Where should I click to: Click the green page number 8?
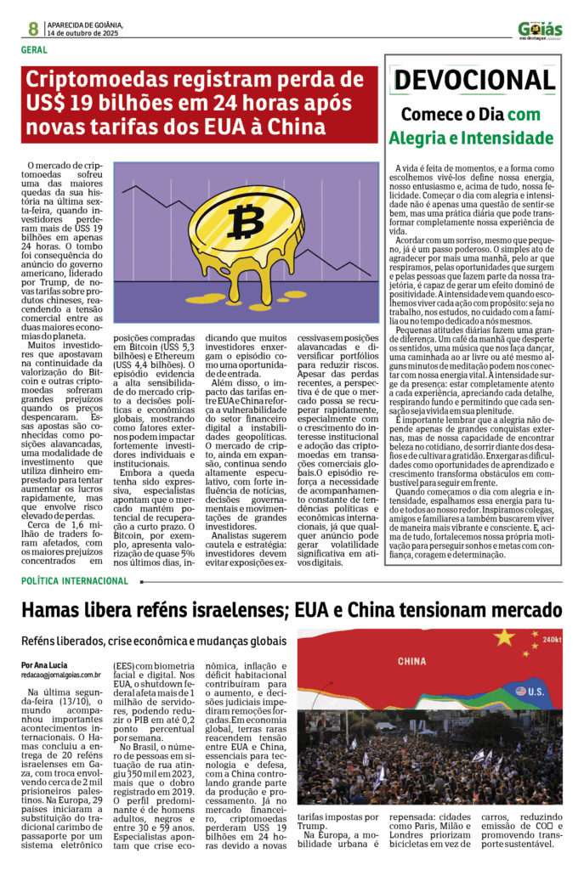(x=33, y=29)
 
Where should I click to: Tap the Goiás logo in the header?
(x=540, y=31)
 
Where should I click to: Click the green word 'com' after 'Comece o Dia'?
(x=547, y=115)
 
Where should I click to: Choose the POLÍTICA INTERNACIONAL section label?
(x=75, y=581)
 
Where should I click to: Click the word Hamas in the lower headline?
(x=55, y=611)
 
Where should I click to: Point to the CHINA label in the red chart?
(x=411, y=660)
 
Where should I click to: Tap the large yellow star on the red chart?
(x=504, y=637)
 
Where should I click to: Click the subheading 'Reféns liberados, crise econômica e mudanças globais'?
(x=154, y=640)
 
